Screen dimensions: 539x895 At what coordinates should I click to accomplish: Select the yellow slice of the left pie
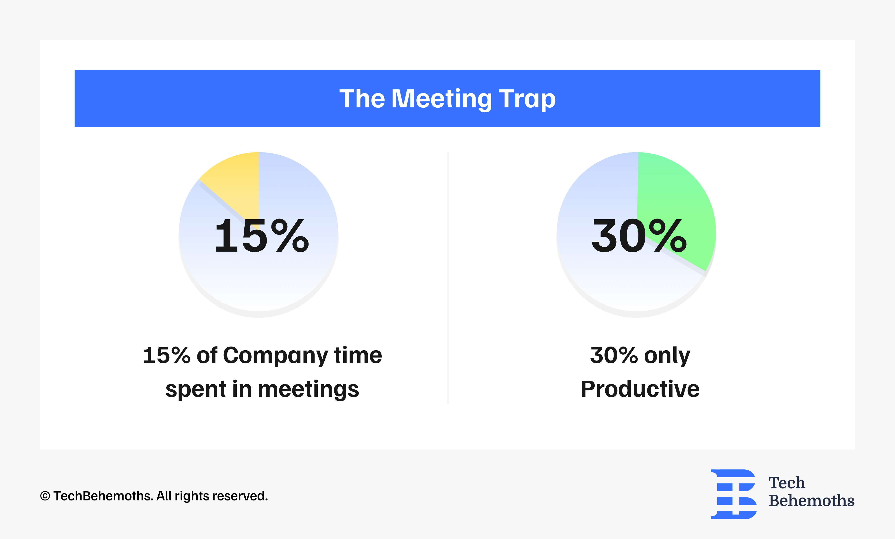pos(236,181)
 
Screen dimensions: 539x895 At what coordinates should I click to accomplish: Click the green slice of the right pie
pos(679,203)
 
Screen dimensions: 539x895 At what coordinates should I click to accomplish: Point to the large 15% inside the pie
pos(262,236)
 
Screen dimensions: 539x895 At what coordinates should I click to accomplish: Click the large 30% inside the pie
pos(639,236)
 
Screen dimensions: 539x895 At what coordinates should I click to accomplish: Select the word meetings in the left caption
pos(308,389)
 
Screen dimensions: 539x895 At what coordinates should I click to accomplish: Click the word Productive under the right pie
pos(640,389)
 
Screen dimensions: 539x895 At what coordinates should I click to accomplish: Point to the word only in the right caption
pos(667,356)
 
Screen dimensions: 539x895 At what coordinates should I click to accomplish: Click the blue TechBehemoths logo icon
pos(733,494)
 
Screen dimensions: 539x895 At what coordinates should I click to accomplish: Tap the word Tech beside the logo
pos(787,483)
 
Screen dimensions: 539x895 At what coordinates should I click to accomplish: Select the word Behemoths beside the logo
pos(811,500)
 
